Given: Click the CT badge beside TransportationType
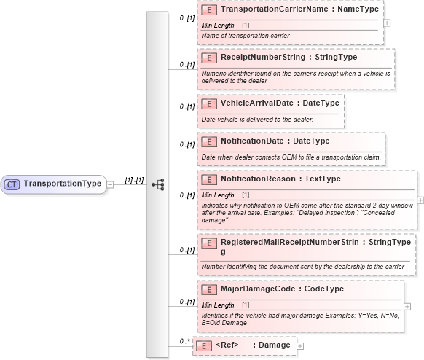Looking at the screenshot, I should coord(12,184).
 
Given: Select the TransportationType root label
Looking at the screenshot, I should coord(63,184).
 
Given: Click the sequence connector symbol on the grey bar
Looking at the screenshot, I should coord(157,184).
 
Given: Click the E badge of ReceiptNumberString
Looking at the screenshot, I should coord(208,57).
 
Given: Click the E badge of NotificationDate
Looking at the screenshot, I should coord(208,141).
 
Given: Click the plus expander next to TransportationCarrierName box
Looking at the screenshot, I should coord(387,23).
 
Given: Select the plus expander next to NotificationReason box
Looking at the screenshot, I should coord(420,199).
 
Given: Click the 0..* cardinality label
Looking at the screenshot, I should coord(185,341).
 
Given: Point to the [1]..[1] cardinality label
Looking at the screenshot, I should coord(133,179).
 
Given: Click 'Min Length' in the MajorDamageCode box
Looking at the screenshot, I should coord(218,305).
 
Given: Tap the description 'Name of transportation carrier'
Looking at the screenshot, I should coord(246,35).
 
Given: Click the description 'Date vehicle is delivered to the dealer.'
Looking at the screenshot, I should coord(256,119).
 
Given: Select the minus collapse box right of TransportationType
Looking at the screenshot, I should coord(111,184).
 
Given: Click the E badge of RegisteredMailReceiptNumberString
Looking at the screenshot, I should coord(208,241).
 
